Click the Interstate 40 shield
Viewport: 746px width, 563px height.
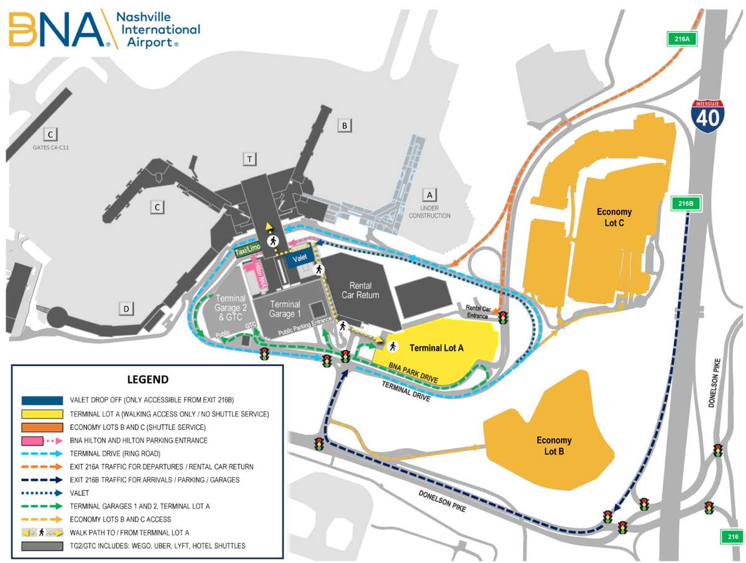tap(709, 115)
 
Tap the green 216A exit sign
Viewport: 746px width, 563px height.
tap(682, 39)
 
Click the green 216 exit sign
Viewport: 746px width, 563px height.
tap(732, 536)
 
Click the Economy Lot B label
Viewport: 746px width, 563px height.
tap(554, 446)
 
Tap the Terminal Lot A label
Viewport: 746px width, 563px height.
tap(440, 348)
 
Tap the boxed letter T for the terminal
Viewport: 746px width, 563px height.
tap(249, 160)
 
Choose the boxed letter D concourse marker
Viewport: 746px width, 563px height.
tap(126, 308)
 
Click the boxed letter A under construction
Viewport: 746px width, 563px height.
tap(429, 193)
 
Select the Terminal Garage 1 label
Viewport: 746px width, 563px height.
tap(285, 309)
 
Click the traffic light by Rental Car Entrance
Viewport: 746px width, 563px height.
tap(502, 318)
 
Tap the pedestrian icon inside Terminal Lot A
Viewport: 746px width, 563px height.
tap(393, 346)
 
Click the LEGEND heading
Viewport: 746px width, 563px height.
tap(147, 379)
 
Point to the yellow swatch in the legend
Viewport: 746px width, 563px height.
tap(42, 414)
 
